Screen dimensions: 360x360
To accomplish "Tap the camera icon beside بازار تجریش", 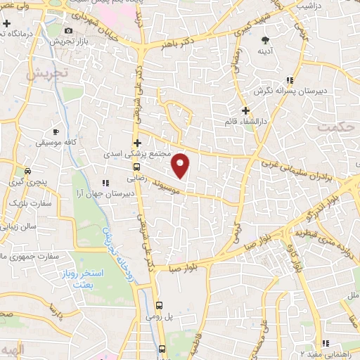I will [x=68, y=30].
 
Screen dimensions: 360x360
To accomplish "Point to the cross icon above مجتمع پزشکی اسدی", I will [x=137, y=143].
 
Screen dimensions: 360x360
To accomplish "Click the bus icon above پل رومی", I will [x=160, y=305].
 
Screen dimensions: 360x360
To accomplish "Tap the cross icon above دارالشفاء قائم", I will [x=245, y=110].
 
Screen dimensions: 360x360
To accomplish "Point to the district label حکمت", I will [x=333, y=127].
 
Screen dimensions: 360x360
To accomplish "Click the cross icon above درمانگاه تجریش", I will [x=6, y=24].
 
